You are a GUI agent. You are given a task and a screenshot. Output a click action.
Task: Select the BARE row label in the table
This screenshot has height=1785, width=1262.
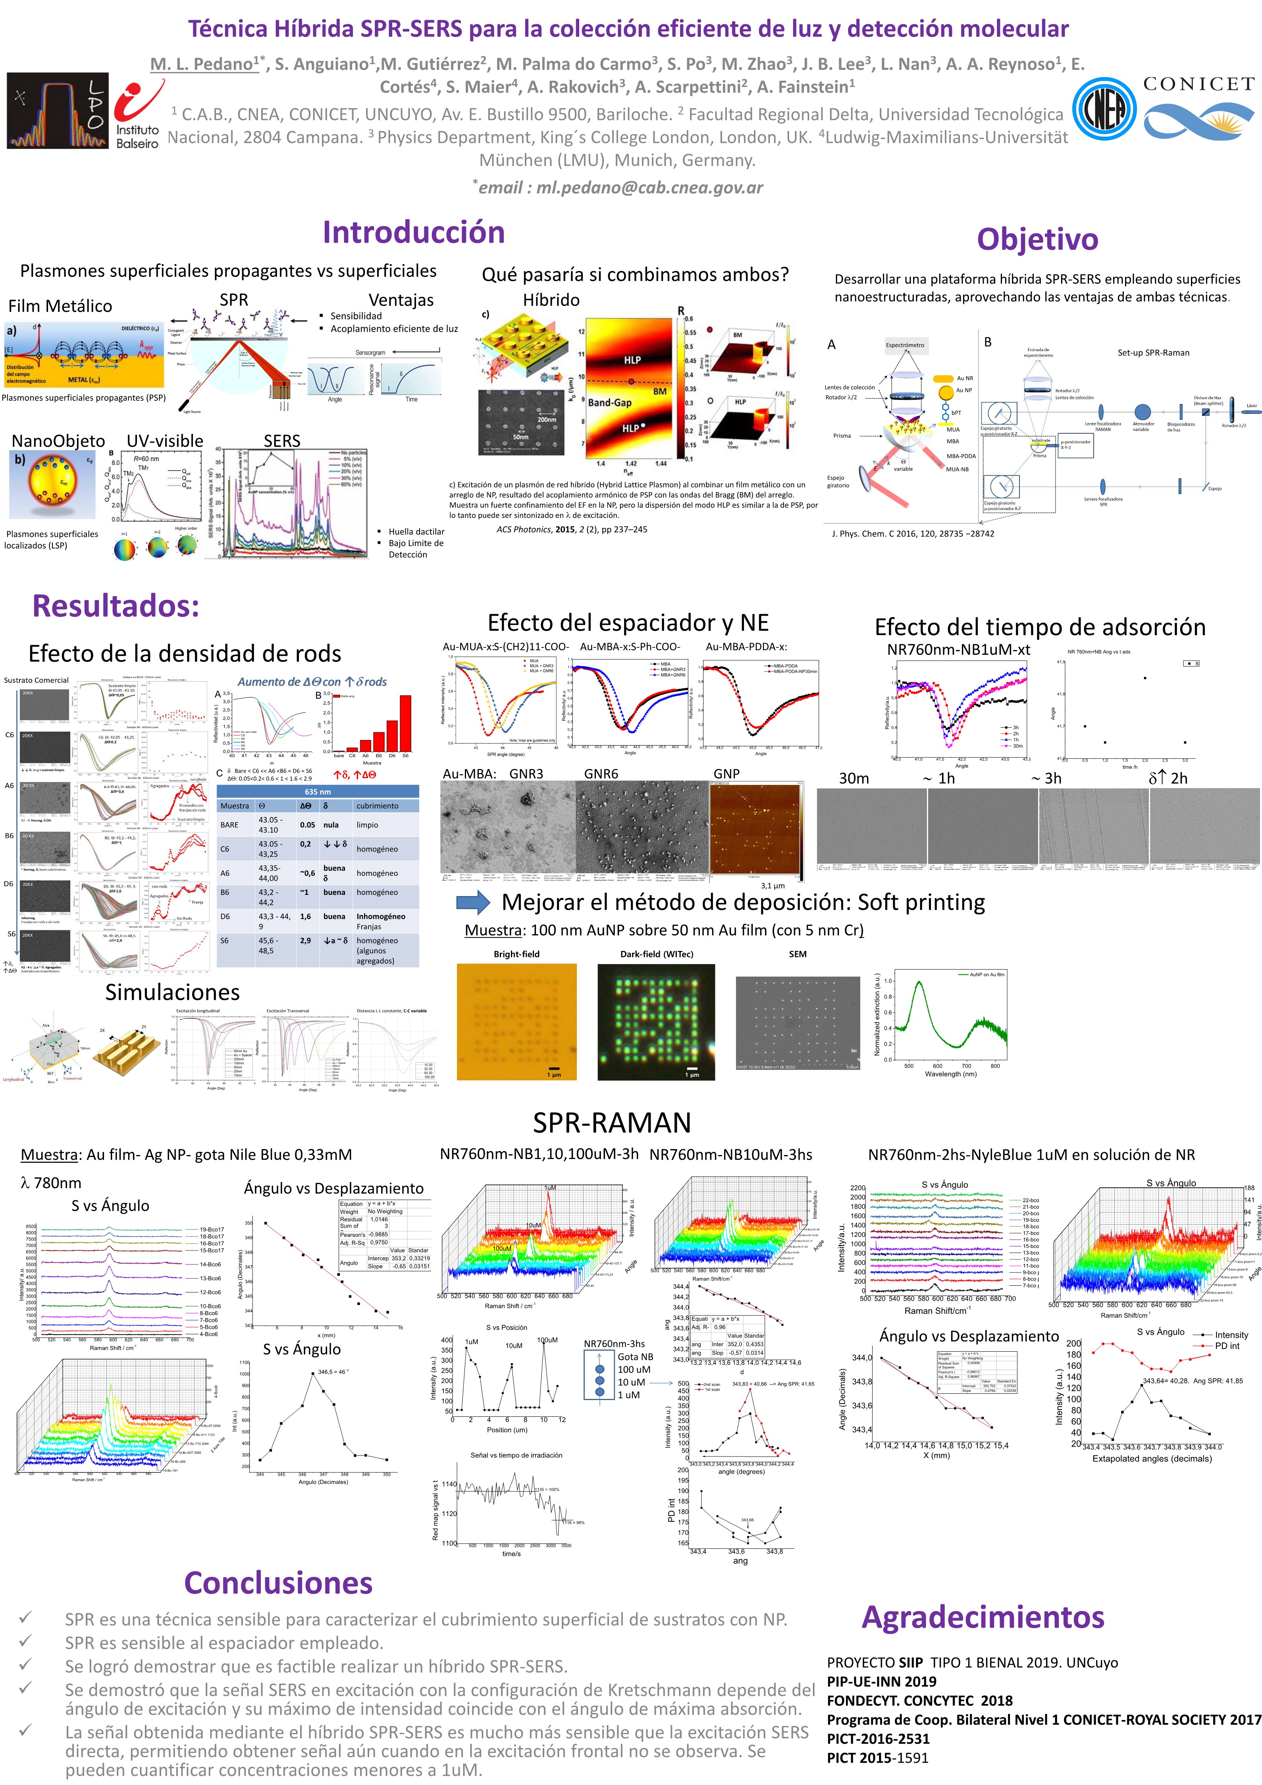click(x=229, y=825)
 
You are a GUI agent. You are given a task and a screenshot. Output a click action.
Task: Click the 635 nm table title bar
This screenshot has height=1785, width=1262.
click(x=317, y=792)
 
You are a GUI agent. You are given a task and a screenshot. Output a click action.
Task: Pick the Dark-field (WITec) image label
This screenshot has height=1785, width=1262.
click(x=657, y=954)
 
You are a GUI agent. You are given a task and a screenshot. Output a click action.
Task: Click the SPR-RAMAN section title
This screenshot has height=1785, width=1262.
click(x=612, y=1122)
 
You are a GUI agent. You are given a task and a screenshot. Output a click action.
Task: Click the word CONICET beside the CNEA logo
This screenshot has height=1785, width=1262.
click(x=1198, y=84)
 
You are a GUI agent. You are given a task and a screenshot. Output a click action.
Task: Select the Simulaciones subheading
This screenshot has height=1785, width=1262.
click(x=173, y=992)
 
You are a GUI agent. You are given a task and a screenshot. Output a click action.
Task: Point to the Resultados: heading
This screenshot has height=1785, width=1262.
click(x=116, y=606)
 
